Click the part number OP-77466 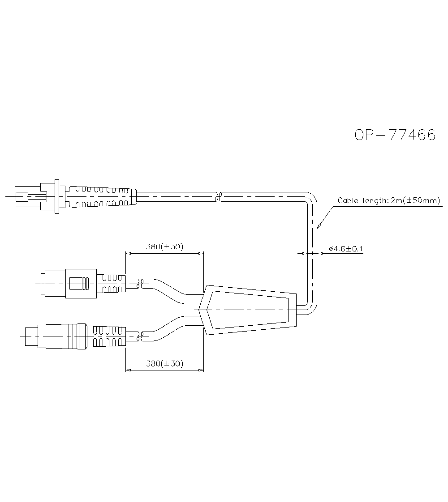[x=395, y=135]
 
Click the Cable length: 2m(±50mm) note [x=389, y=200]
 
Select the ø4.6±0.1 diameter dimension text [x=345, y=248]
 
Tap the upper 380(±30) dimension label [x=165, y=247]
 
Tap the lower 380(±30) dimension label [x=165, y=364]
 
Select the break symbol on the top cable [x=219, y=196]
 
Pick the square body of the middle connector [x=81, y=283]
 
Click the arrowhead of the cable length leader [x=319, y=226]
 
